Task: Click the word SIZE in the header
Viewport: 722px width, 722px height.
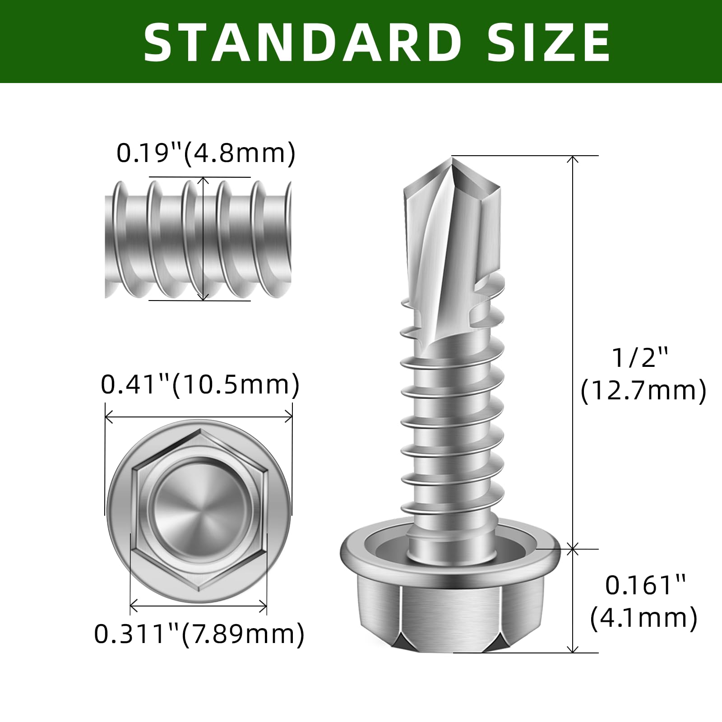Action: tap(549, 42)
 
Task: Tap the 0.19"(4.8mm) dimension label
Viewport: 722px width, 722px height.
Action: tap(206, 153)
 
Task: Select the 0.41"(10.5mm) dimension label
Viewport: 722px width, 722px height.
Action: tap(200, 385)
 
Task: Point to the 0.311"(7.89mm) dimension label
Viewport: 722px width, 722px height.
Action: tap(199, 634)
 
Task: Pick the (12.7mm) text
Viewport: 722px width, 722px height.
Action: tap(643, 390)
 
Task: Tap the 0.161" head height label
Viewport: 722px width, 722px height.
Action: tap(645, 585)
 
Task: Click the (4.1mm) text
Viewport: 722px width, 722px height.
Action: tap(644, 618)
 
